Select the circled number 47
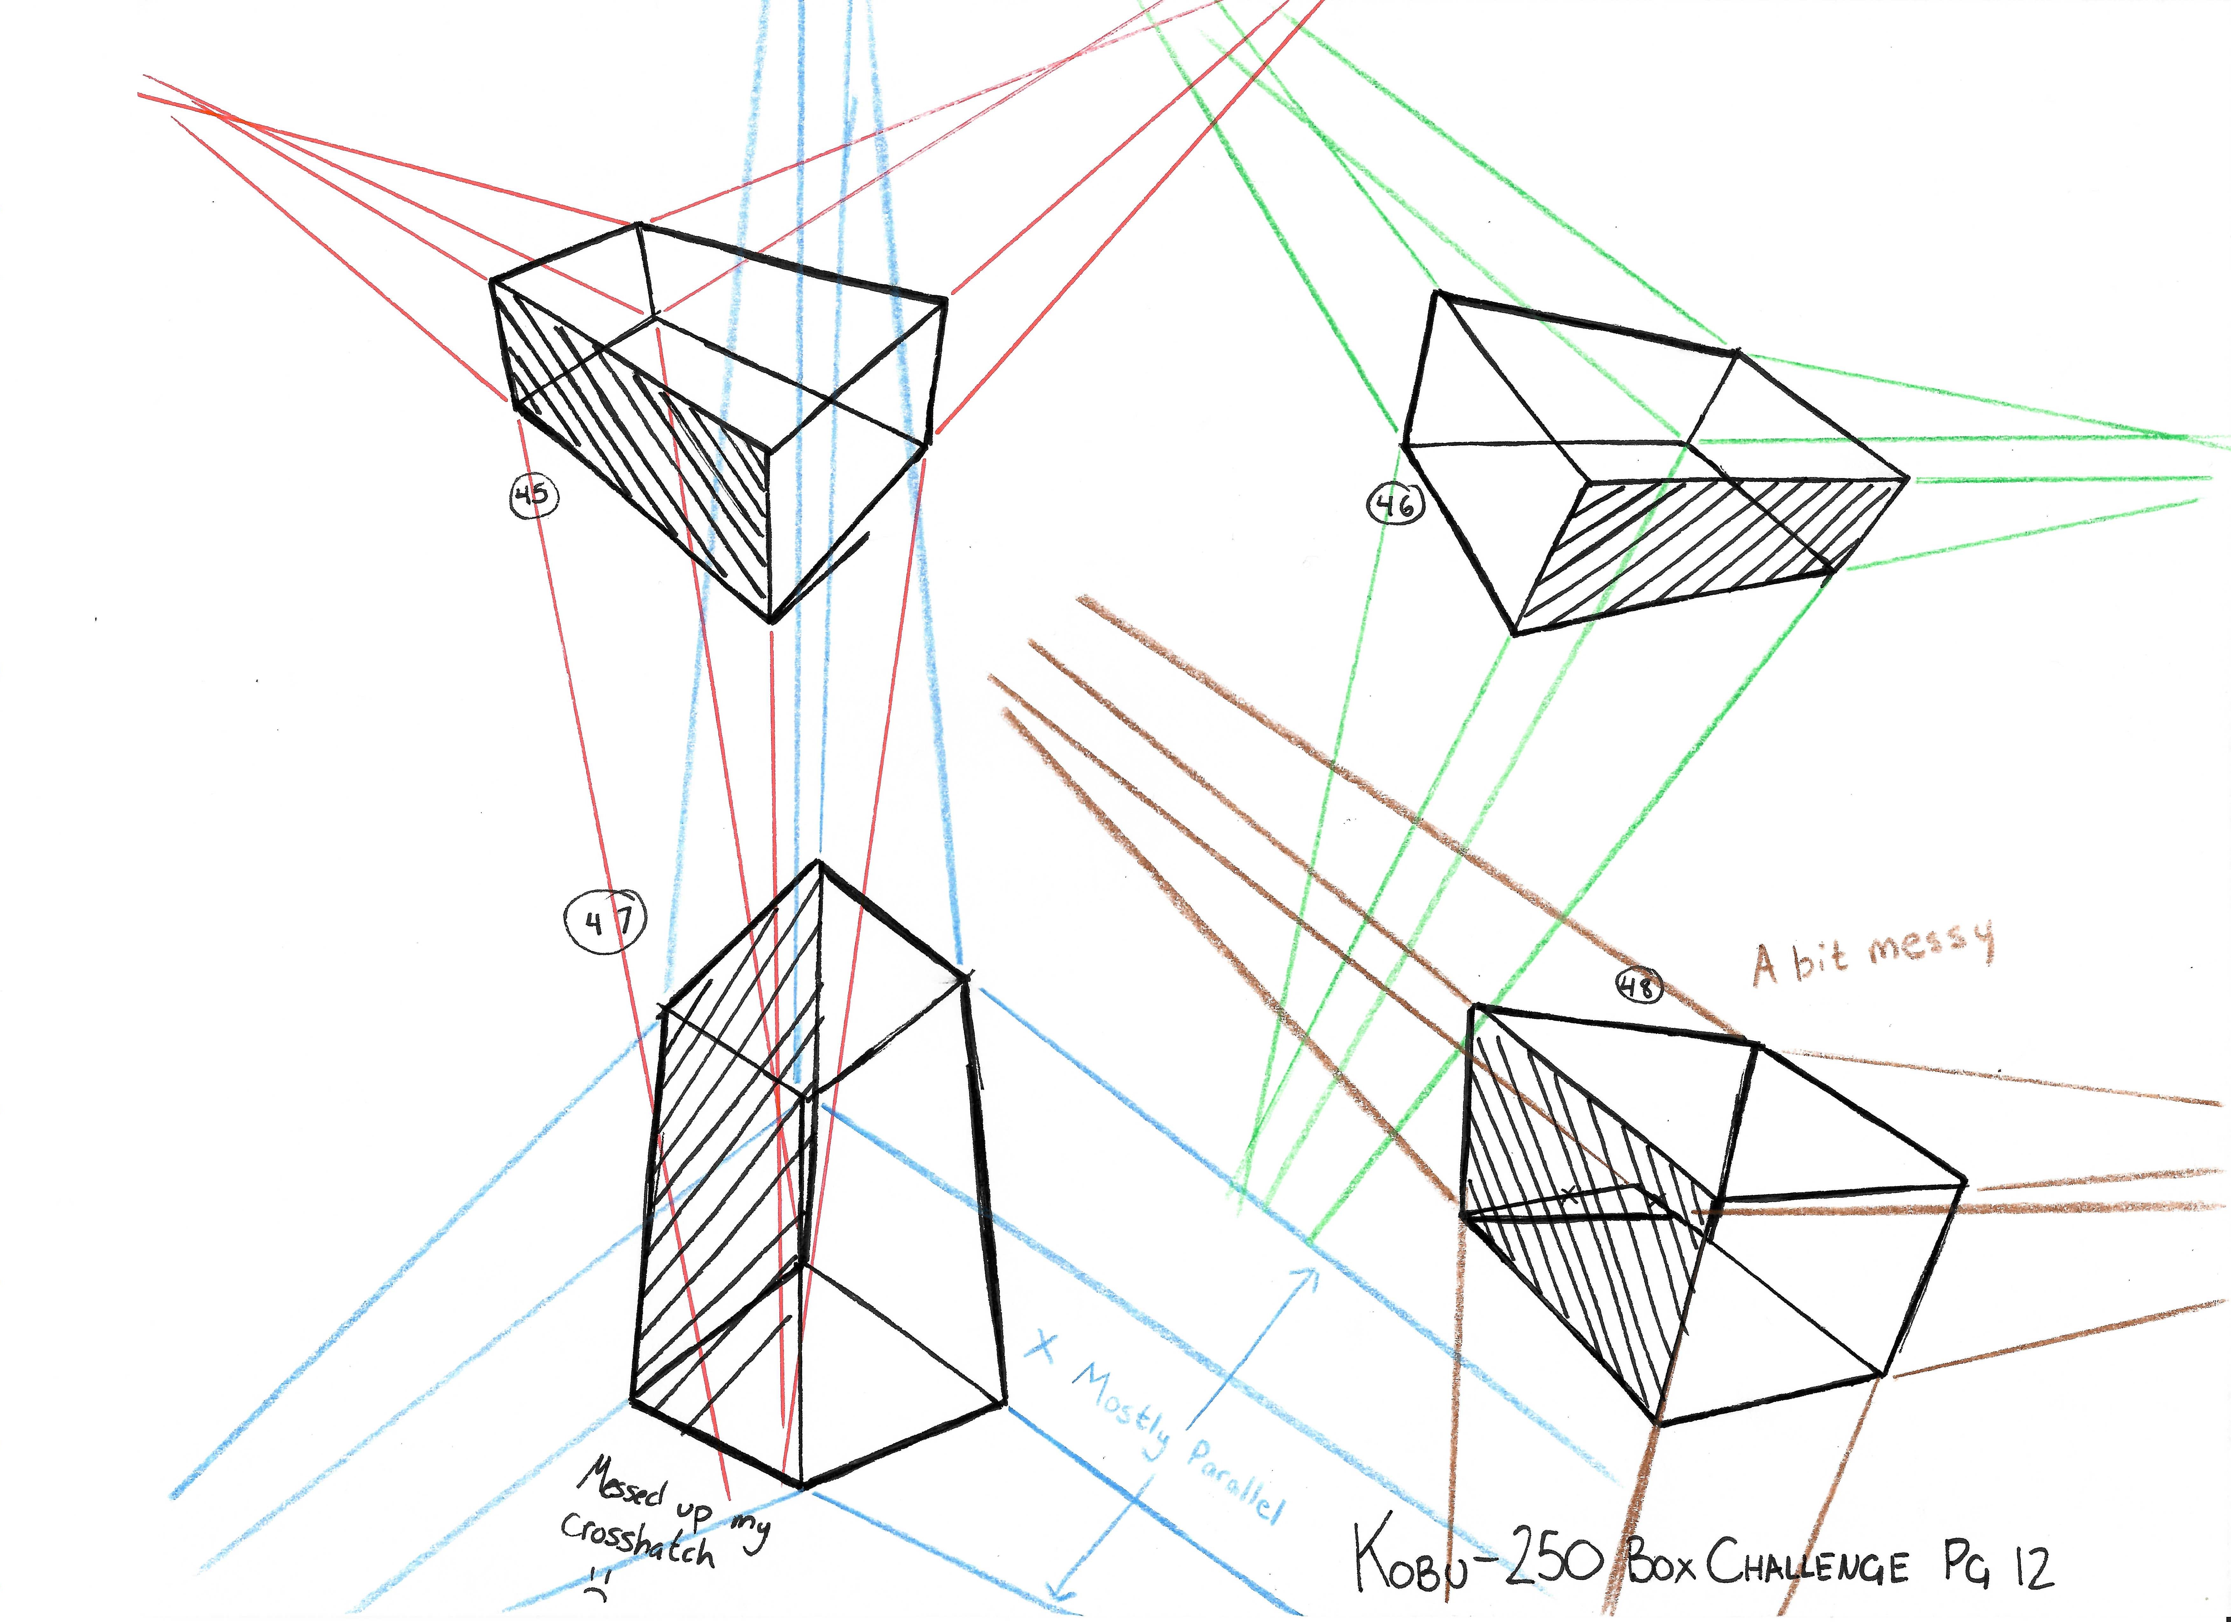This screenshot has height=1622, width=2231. pyautogui.click(x=605, y=923)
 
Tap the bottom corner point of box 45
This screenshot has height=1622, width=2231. pyautogui.click(x=772, y=622)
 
